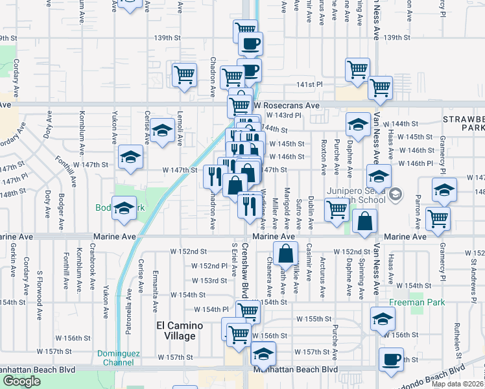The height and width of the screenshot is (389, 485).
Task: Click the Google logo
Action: pyautogui.click(x=21, y=381)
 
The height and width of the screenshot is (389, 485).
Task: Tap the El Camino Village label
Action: pyautogui.click(x=176, y=331)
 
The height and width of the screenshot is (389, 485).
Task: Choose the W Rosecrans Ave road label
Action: pyautogui.click(x=287, y=105)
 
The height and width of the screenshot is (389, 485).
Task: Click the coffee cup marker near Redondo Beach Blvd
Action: pyautogui.click(x=391, y=360)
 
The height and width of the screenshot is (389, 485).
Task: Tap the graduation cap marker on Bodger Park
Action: pyautogui.click(x=124, y=208)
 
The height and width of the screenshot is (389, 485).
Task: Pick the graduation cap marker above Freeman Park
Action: pyautogui.click(x=383, y=318)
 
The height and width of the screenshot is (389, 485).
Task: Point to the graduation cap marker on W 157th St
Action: pyautogui.click(x=263, y=354)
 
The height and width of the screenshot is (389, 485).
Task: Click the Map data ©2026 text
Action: pyautogui.click(x=458, y=384)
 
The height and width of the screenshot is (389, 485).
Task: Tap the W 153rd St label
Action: pyautogui.click(x=209, y=281)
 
